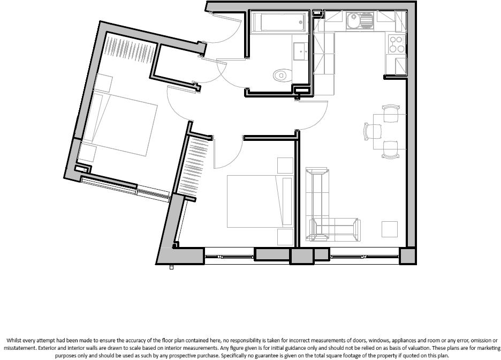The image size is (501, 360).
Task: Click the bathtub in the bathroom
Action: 278,23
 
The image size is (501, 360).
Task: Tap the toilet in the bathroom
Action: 282,75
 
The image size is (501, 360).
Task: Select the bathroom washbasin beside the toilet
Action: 300,51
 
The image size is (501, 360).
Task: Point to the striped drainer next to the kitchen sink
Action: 367,20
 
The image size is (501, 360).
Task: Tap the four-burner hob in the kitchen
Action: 397,44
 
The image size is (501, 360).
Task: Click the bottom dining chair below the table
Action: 390,149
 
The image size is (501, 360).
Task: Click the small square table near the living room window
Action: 390,229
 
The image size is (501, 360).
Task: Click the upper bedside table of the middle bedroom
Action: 285,166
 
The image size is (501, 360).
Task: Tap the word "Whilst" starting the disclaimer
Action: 15,341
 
